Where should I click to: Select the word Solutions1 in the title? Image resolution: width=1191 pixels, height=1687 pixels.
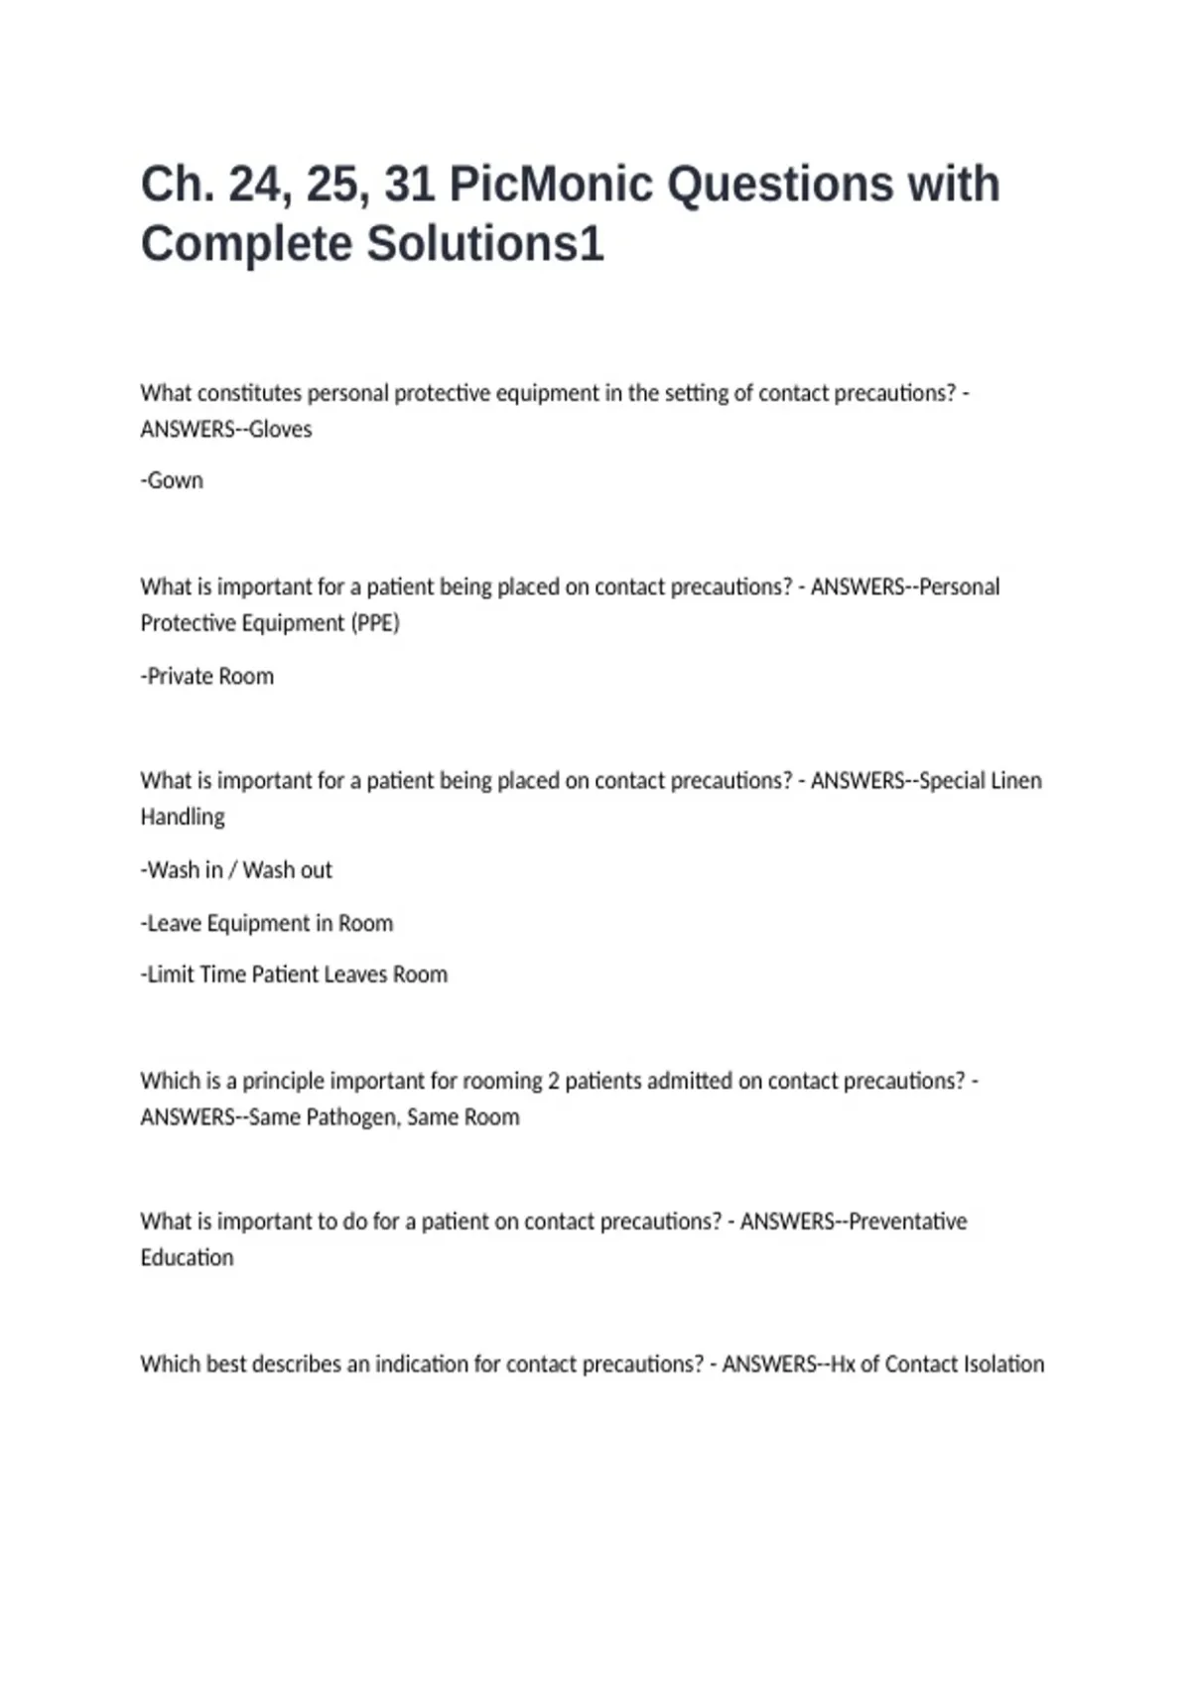click(x=485, y=244)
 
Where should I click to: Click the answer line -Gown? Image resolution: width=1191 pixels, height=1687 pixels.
click(x=172, y=480)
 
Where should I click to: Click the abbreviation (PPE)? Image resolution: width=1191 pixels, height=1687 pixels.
click(x=375, y=623)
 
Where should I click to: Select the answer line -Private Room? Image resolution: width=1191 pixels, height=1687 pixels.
click(x=207, y=677)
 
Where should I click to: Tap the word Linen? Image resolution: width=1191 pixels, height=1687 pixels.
click(x=1015, y=781)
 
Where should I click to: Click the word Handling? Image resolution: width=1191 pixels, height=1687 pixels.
click(x=183, y=817)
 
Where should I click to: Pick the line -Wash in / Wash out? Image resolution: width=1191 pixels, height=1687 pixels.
click(x=236, y=870)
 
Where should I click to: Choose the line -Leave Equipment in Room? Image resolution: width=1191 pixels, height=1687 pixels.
click(x=267, y=924)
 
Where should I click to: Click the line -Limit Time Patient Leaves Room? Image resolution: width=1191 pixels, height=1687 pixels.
click(x=294, y=974)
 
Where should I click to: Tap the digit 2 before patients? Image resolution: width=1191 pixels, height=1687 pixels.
click(x=554, y=1081)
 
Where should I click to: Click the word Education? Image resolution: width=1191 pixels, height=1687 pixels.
click(x=187, y=1258)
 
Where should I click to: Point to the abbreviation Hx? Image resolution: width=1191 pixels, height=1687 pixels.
click(x=843, y=1364)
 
